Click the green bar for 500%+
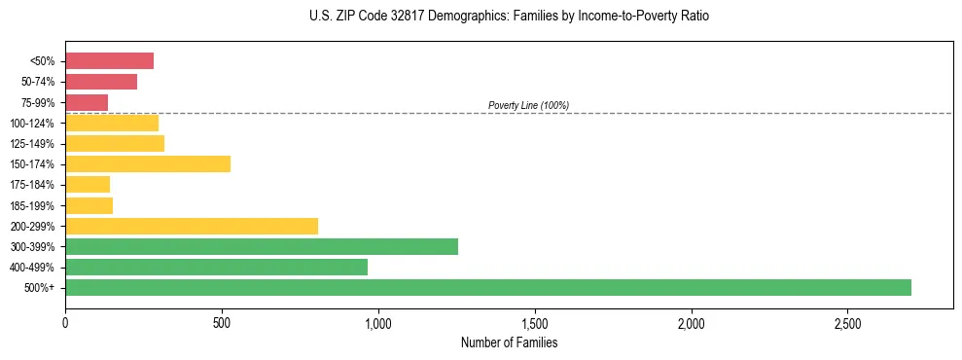tap(487, 287)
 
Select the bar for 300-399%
tap(261, 246)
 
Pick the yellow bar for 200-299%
tap(192, 226)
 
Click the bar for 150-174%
tap(148, 163)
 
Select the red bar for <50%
tap(109, 61)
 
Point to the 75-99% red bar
tap(87, 102)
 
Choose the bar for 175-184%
tap(88, 184)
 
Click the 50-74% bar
tap(101, 82)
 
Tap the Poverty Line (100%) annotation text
tap(528, 105)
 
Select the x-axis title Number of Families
tap(509, 342)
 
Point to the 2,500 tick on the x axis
tap(847, 322)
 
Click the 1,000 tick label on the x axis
tap(378, 322)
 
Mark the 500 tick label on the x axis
tap(222, 322)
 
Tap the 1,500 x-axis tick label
tap(535, 322)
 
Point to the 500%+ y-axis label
tap(39, 288)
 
